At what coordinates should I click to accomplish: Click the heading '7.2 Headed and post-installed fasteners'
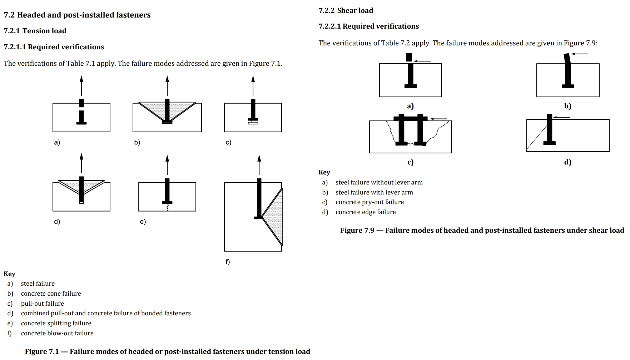pyautogui.click(x=77, y=15)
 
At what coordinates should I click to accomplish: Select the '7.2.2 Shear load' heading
pyautogui.click(x=346, y=10)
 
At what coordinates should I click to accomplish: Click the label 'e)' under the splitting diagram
pyautogui.click(x=143, y=222)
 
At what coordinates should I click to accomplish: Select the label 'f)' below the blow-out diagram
pyautogui.click(x=228, y=262)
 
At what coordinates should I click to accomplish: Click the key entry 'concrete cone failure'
pyautogui.click(x=51, y=294)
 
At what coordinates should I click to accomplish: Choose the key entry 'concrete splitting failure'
pyautogui.click(x=56, y=323)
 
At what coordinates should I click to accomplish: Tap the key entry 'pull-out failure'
pyautogui.click(x=42, y=304)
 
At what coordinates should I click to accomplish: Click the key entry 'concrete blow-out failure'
pyautogui.click(x=57, y=333)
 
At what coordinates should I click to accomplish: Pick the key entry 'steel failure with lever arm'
pyautogui.click(x=374, y=192)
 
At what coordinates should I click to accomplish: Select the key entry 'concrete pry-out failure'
pyautogui.click(x=369, y=202)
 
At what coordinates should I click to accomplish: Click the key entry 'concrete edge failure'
pyautogui.click(x=366, y=212)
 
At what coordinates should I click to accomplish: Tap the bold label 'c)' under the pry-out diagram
pyautogui.click(x=410, y=162)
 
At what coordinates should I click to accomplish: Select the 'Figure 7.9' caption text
pyautogui.click(x=482, y=230)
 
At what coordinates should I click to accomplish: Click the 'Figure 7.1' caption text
pyautogui.click(x=167, y=351)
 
